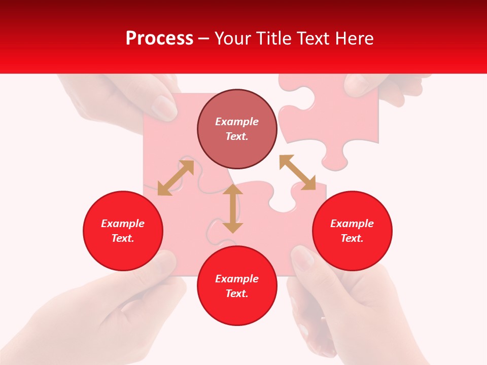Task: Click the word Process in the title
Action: pos(159,39)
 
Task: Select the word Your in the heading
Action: pos(233,39)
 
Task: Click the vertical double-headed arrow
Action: pos(233,209)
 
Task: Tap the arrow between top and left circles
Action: pos(176,177)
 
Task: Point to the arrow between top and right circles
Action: pos(297,172)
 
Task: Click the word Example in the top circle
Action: pos(237,122)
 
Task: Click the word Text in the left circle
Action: pos(123,238)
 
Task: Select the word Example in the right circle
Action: pos(352,224)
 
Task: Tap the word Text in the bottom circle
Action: pos(237,294)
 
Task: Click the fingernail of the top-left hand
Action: pos(165,106)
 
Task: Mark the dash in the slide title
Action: pos(204,39)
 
